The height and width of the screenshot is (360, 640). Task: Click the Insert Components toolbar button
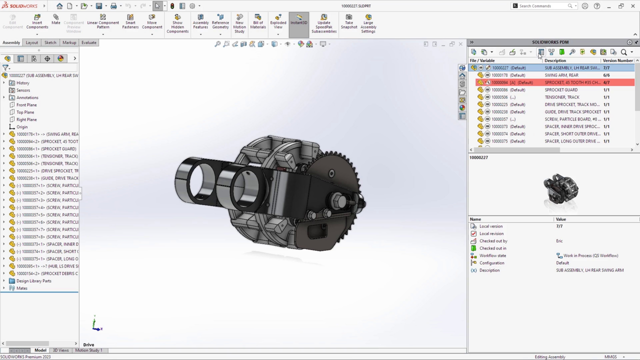(37, 22)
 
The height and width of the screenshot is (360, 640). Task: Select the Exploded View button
(278, 22)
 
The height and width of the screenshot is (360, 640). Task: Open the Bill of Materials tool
(258, 22)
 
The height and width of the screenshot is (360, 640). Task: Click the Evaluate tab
(88, 42)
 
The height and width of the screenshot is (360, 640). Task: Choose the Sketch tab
(50, 42)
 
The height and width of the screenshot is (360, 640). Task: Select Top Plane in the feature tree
(25, 112)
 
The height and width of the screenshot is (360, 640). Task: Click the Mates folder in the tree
(21, 288)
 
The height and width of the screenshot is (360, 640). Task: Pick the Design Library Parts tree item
(33, 281)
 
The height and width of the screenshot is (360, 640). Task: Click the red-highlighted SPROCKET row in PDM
(550, 82)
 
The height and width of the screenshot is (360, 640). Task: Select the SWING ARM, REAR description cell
(561, 75)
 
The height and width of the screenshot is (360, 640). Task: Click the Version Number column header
(617, 60)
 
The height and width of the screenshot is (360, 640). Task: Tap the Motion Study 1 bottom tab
(88, 350)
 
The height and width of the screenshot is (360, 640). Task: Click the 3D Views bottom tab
(60, 350)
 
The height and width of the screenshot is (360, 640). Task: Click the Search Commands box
(542, 6)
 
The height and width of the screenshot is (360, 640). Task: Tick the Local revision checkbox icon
(473, 233)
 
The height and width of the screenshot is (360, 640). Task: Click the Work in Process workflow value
(590, 255)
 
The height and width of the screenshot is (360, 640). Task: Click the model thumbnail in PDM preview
(560, 189)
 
